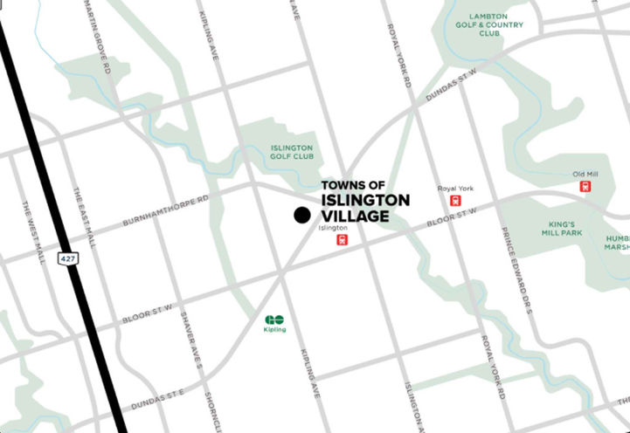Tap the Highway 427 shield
(x=66, y=258)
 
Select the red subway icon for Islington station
(x=343, y=239)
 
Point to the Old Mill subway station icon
(x=585, y=186)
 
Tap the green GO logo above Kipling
(x=275, y=319)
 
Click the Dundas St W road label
(x=453, y=88)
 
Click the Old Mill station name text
(x=585, y=174)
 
